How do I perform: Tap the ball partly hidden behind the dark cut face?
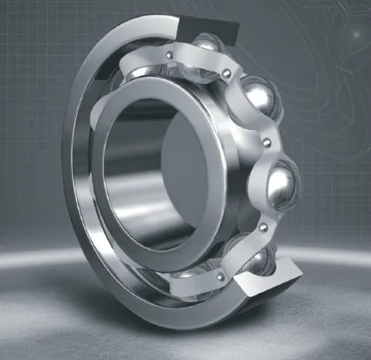pos(207,48)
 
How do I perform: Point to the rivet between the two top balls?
pos(228,75)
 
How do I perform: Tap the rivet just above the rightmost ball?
pos(266,144)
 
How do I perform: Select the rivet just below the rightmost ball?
pos(262,227)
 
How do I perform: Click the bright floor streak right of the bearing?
pos(333,262)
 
